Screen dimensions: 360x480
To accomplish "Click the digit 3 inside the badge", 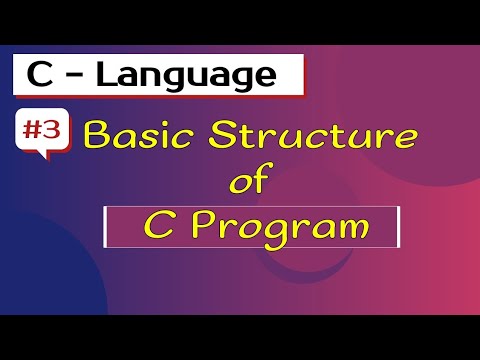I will pyautogui.click(x=54, y=131).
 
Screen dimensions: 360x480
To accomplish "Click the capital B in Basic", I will pyautogui.click(x=99, y=133).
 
